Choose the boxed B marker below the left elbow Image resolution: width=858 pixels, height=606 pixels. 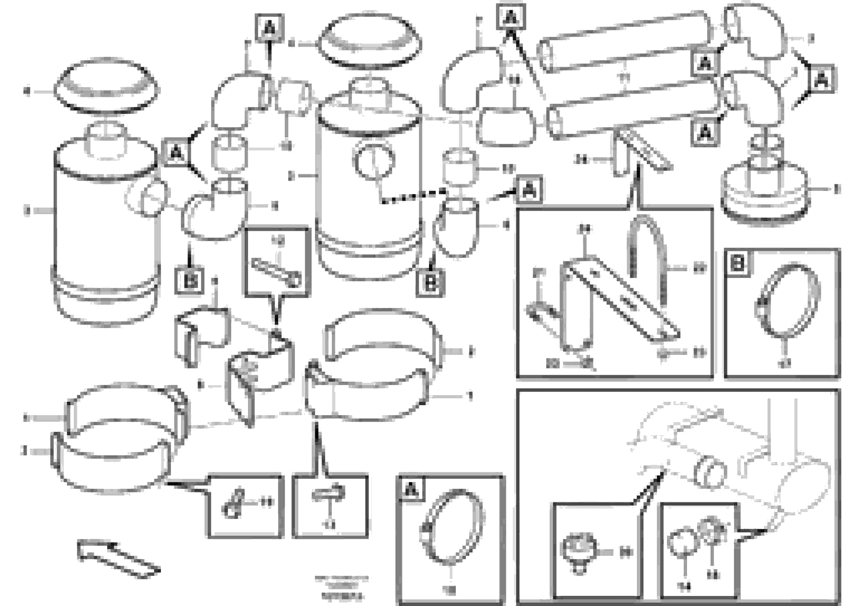pyautogui.click(x=189, y=280)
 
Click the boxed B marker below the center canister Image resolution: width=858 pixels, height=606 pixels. pyautogui.click(x=430, y=283)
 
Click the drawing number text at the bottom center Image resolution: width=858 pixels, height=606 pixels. pyautogui.click(x=341, y=587)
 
